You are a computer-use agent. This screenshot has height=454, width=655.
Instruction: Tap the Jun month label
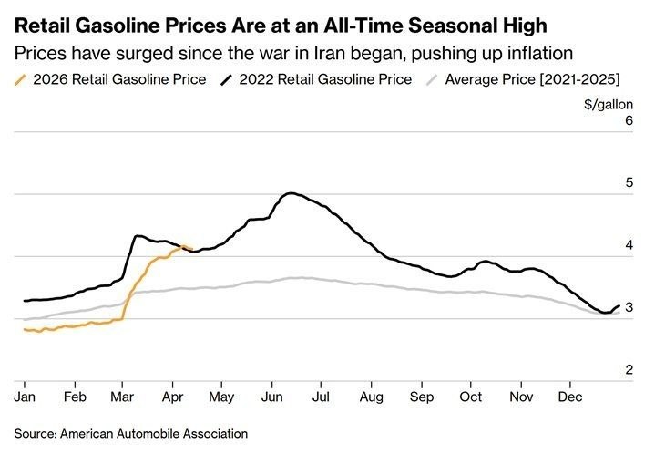[x=271, y=397]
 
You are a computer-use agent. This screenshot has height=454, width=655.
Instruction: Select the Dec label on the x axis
[x=570, y=397]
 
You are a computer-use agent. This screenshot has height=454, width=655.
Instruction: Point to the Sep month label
[x=421, y=397]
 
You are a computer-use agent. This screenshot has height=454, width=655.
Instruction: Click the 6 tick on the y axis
[x=628, y=120]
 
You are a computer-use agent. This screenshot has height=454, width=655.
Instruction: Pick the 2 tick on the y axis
[x=628, y=369]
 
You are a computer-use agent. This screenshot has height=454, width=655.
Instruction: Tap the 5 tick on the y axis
[x=628, y=182]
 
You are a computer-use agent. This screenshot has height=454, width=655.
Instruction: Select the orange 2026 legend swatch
[x=21, y=79]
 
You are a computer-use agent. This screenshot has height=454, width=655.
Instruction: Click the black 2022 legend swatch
[x=225, y=79]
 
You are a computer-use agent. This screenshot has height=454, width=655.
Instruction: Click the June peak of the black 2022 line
[x=290, y=193]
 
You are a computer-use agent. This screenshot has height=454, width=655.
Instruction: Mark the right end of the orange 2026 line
[x=189, y=246]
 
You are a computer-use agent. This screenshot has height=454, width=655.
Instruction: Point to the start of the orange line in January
[x=25, y=329]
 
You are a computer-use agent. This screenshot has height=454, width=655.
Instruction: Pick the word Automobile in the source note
[x=159, y=433]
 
